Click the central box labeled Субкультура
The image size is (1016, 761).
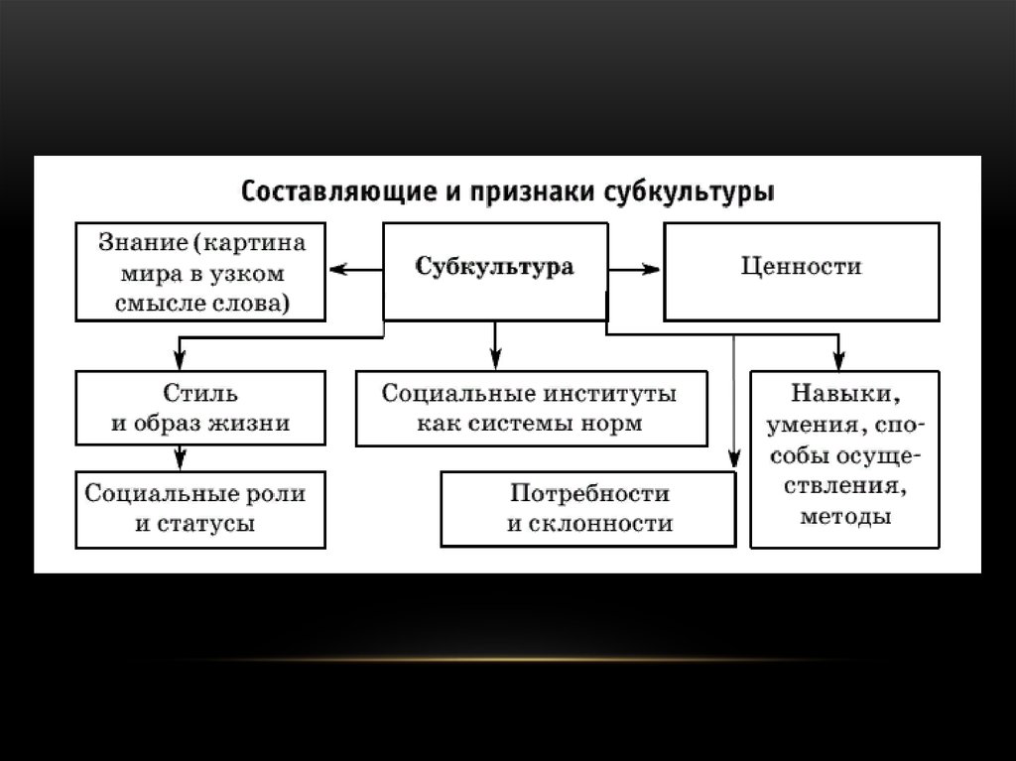coord(494,269)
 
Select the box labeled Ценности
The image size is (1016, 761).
coord(802,267)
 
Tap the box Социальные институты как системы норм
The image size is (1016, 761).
coord(531,408)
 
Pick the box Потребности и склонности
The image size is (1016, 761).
coord(588,508)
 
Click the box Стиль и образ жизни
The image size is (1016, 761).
coord(199,408)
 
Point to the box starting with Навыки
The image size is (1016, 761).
coord(844,458)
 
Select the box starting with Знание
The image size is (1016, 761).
coord(201,270)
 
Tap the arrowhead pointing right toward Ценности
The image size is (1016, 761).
coord(651,268)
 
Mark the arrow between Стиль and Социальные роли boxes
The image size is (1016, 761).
coord(180,457)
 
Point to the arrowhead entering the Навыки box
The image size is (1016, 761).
coord(839,363)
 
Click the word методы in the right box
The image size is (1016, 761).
coord(844,516)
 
